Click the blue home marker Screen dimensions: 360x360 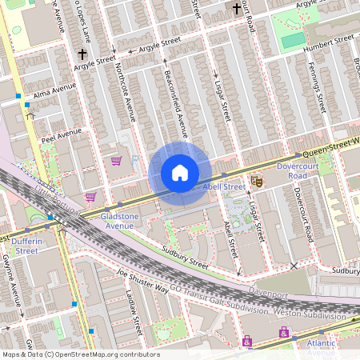point(180,173)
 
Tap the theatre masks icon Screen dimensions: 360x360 point(257,182)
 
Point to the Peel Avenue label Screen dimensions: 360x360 point(62,134)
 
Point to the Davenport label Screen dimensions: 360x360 point(267,283)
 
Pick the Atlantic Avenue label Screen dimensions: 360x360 point(321,347)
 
